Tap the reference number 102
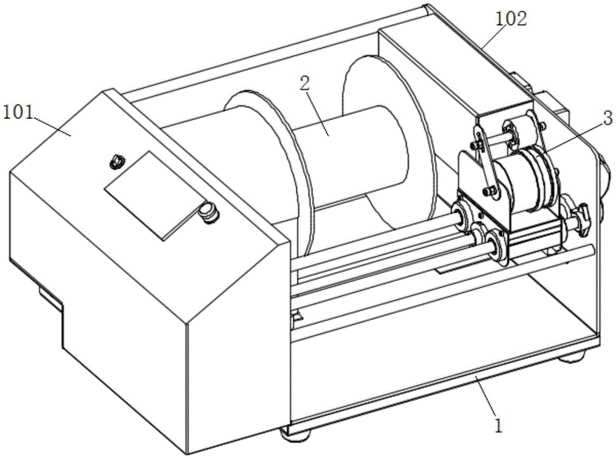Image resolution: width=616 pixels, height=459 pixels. point(511,19)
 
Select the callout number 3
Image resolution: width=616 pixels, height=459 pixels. point(607,118)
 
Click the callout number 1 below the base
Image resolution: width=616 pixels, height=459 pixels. point(498,426)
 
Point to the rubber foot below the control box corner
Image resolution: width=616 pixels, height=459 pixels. point(296,436)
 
